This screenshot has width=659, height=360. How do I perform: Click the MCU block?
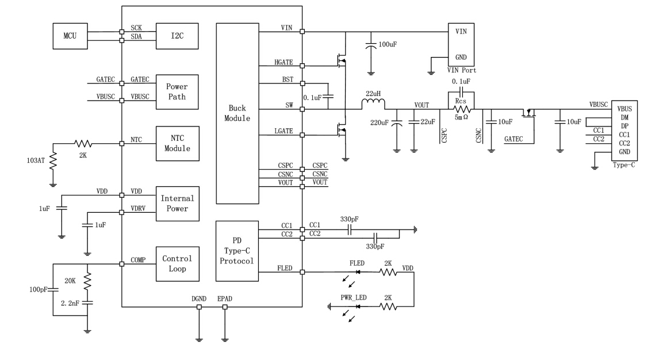pyautogui.click(x=68, y=36)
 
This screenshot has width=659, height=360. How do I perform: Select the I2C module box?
pyautogui.click(x=177, y=36)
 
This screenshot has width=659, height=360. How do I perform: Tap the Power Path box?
pyautogui.click(x=177, y=91)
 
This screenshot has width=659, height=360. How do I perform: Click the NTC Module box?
pyautogui.click(x=177, y=144)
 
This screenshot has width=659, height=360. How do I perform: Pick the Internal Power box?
pyautogui.click(x=177, y=203)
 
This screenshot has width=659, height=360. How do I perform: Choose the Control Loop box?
pyautogui.click(x=177, y=263)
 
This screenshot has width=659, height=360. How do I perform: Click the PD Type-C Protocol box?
pyautogui.click(x=236, y=251)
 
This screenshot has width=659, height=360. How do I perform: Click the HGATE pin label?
pyautogui.click(x=285, y=62)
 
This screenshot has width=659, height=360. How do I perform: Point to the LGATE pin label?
pyautogui.click(x=285, y=131)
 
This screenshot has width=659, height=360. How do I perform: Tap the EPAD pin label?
pyautogui.click(x=225, y=300)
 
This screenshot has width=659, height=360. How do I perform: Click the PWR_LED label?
pyautogui.click(x=354, y=298)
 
